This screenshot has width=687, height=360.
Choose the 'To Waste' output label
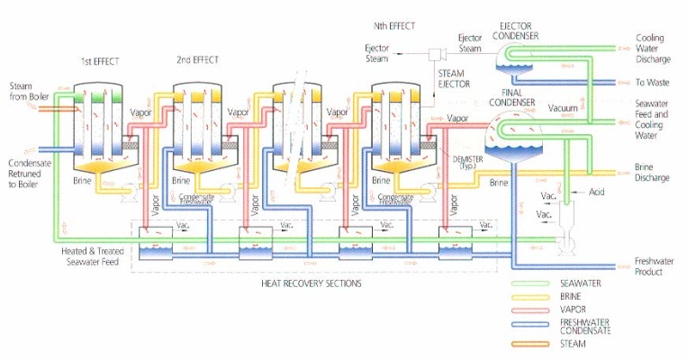tap(652, 82)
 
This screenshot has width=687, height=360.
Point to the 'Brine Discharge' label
tap(653, 173)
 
